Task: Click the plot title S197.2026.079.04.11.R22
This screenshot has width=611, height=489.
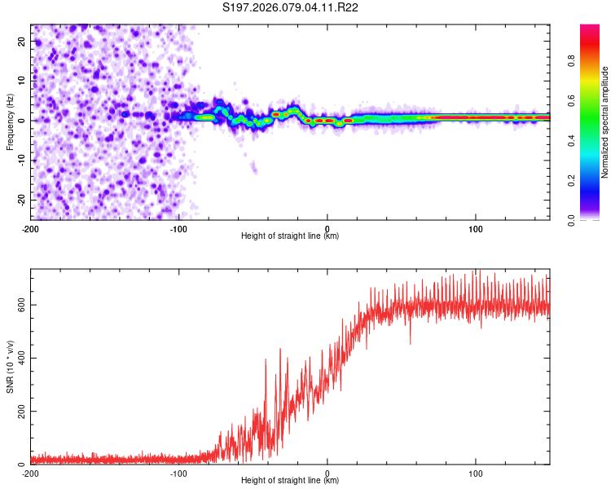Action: [291, 8]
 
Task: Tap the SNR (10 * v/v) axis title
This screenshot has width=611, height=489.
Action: [11, 367]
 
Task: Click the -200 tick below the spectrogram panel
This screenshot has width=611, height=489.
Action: [30, 228]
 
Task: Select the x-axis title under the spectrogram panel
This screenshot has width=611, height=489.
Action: [290, 236]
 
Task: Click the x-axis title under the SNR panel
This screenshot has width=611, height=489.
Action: [290, 481]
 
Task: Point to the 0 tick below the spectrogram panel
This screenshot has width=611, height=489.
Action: [327, 228]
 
